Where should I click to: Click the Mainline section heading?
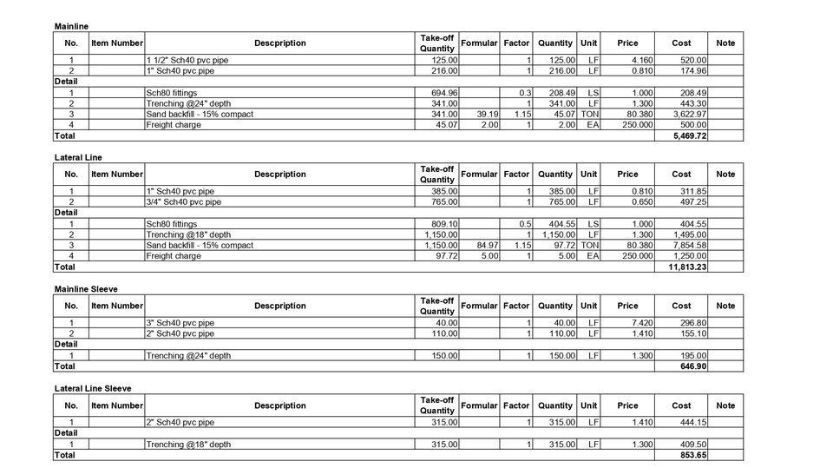(x=71, y=27)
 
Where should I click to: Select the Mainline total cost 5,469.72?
(x=689, y=136)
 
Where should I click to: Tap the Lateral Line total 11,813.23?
(x=687, y=267)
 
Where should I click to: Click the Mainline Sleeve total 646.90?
(x=693, y=366)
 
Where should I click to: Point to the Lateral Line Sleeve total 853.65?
(x=693, y=455)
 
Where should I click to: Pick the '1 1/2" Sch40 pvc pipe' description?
(x=187, y=60)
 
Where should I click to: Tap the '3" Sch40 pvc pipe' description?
(x=180, y=323)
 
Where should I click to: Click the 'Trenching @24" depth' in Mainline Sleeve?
(x=188, y=356)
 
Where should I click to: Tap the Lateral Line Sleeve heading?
(x=93, y=388)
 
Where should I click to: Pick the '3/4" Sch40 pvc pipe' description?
(x=183, y=202)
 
